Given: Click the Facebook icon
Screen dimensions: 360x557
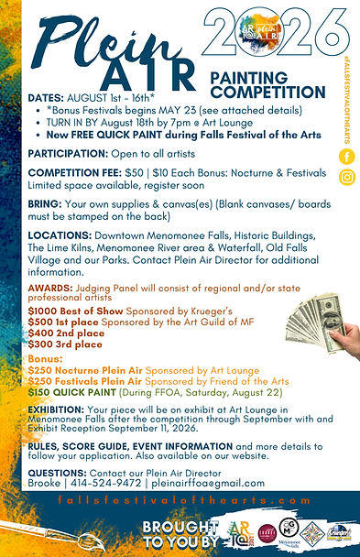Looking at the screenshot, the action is [347, 157].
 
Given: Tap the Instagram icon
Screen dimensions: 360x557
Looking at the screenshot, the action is [347, 178].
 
